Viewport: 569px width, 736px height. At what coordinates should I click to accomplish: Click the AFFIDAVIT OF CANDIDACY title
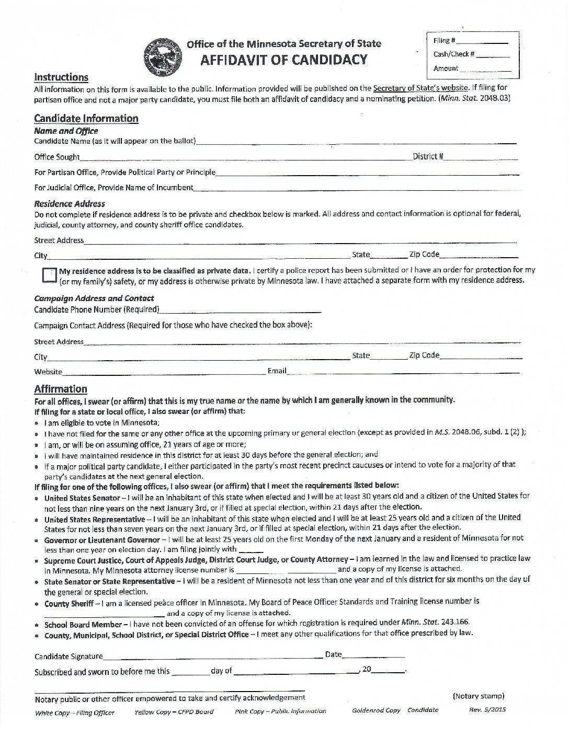pos(284,60)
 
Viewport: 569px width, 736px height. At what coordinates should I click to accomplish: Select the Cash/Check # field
pos(492,55)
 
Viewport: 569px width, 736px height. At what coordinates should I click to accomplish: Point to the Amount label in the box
pos(445,68)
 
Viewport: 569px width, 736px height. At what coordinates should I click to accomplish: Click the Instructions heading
pos(61,77)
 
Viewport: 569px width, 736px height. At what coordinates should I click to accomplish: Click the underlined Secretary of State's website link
pos(420,88)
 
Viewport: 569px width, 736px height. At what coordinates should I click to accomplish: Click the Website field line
pos(164,373)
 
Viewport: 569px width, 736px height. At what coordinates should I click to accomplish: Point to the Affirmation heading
pos(61,389)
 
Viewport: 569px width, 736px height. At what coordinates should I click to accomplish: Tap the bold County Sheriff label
pos(69,603)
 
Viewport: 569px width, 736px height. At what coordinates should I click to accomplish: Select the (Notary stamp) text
pos(478,696)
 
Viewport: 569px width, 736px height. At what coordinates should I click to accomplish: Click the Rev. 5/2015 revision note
pos(487,710)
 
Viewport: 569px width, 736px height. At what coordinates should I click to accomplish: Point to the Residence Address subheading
pos(70,204)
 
